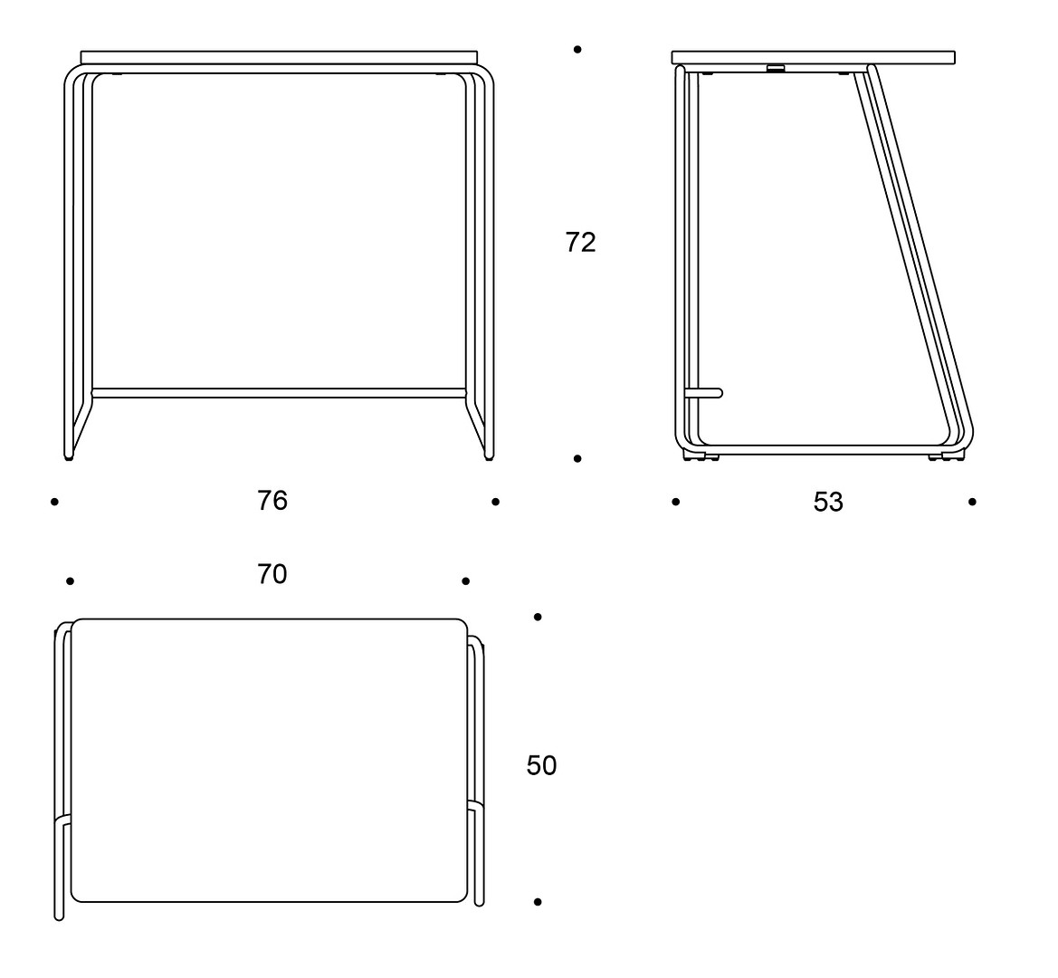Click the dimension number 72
pyautogui.click(x=580, y=243)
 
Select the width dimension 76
pyautogui.click(x=272, y=501)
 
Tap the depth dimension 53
pyautogui.click(x=828, y=503)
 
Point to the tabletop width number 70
pyautogui.click(x=272, y=574)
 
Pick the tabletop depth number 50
pyautogui.click(x=541, y=765)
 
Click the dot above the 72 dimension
pyautogui.click(x=577, y=49)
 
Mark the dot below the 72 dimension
pyautogui.click(x=577, y=459)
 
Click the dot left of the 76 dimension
pyautogui.click(x=54, y=502)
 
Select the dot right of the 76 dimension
pyautogui.click(x=496, y=502)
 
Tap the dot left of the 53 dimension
pyautogui.click(x=676, y=502)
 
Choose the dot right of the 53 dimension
pyautogui.click(x=972, y=502)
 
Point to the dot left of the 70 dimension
pyautogui.click(x=71, y=581)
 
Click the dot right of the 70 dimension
pyautogui.click(x=465, y=581)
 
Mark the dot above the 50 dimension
pyautogui.click(x=538, y=617)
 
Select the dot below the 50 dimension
pyautogui.click(x=538, y=902)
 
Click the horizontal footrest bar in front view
pyautogui.click(x=279, y=393)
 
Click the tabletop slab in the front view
pyautogui.click(x=279, y=57)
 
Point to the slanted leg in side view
pyautogui.click(x=914, y=256)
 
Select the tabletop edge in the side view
pyautogui.click(x=813, y=57)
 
